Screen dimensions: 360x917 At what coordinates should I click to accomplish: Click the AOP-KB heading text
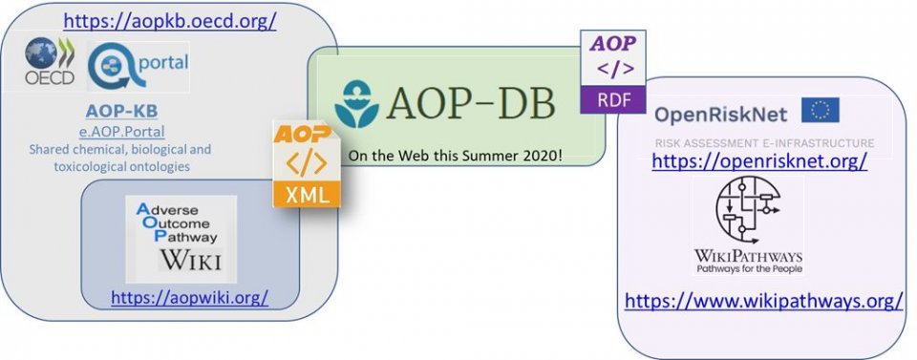coord(119,111)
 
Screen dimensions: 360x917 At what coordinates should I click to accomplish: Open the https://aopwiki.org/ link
coord(189,297)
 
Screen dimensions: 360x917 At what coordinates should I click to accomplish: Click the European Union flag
coord(820,111)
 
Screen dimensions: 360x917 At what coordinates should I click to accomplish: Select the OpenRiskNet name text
coord(721,115)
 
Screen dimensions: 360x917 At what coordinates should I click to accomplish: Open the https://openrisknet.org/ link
coord(758,161)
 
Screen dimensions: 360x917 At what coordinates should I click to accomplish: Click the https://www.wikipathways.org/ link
coord(763,301)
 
